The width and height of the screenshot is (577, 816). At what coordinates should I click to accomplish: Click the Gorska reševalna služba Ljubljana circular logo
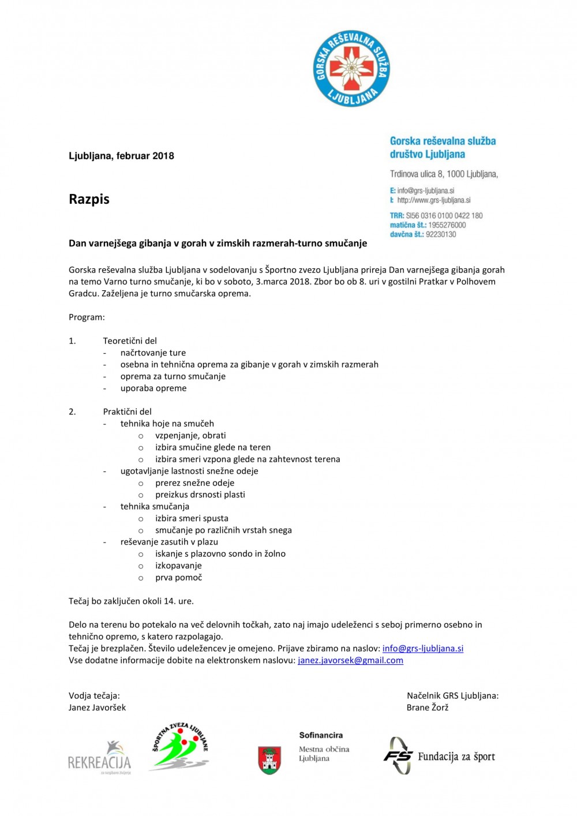pos(351,69)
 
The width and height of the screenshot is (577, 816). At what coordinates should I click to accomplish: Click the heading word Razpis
pos(89,199)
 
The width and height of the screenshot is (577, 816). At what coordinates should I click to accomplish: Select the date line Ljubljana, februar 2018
pos(121,156)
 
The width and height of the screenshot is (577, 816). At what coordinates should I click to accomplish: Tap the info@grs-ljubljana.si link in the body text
pos(423,648)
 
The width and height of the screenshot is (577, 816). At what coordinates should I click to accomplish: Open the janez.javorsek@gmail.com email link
pos(350,660)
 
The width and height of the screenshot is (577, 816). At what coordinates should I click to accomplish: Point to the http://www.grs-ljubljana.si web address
pos(433,200)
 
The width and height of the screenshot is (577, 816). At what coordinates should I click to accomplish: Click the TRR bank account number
pos(444,215)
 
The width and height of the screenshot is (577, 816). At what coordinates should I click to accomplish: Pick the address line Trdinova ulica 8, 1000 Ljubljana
pos(444,174)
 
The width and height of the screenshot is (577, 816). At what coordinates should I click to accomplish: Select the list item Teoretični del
pos(130,341)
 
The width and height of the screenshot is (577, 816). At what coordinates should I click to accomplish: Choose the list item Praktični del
pos(127,411)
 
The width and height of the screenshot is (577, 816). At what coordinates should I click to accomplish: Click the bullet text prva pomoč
pos(178,577)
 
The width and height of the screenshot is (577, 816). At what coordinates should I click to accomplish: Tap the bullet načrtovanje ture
pos(153,353)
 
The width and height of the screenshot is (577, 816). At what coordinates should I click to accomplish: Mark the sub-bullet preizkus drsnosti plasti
pos(200,495)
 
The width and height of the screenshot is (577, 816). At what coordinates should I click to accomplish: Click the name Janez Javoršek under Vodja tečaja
pos(97,708)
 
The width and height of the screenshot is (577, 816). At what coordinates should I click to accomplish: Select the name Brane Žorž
pos(427,708)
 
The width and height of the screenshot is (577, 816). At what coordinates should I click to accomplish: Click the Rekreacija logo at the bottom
pos(100,757)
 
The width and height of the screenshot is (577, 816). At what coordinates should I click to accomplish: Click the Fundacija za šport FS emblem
pos(398,755)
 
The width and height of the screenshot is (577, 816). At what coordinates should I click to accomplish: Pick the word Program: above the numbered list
pos(87,317)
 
